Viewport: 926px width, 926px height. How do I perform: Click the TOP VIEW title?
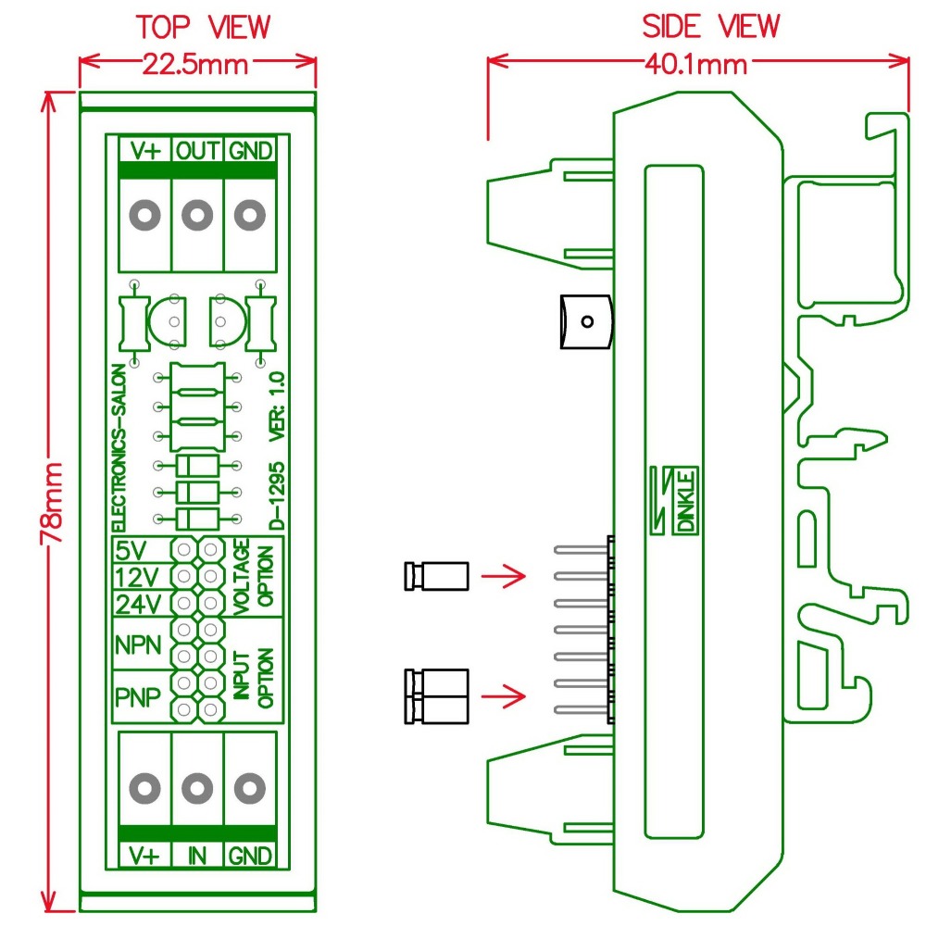pos(204,27)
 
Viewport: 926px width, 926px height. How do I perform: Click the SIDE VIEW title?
pos(711,27)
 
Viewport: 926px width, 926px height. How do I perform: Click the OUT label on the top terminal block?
pos(196,150)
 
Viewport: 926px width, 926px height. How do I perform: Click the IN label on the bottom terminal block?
pos(196,856)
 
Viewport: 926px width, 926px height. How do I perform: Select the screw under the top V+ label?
pos(144,217)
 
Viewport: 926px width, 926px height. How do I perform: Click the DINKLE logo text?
pos(686,500)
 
